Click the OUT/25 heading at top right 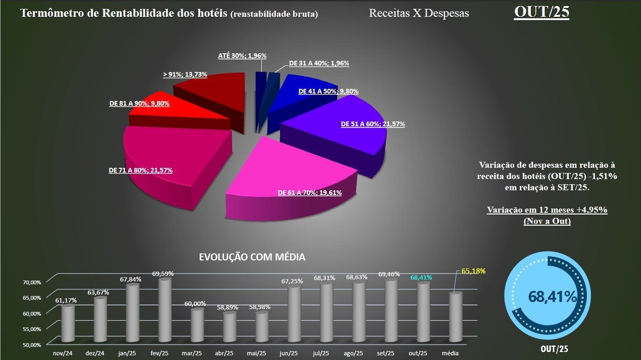541,12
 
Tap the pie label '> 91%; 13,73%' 185,74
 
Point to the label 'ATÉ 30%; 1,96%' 242,56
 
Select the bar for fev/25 165,309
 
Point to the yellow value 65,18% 474,271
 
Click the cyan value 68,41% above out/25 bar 421,278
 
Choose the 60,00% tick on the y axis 32,313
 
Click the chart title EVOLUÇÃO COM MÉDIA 252,257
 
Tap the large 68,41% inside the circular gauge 552,296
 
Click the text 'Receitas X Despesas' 418,13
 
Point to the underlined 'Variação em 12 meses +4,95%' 547,210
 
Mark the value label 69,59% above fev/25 164,273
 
